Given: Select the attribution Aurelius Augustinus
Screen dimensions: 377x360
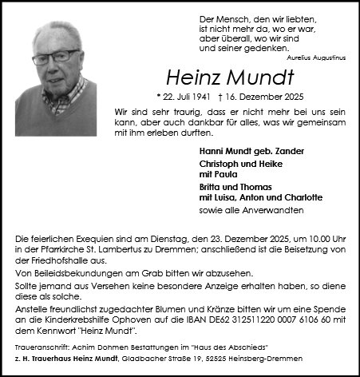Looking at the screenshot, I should (315, 58).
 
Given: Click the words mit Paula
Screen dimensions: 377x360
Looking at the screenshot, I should (215, 174).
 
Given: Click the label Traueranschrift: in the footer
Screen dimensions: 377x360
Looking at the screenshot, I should (40, 347).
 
